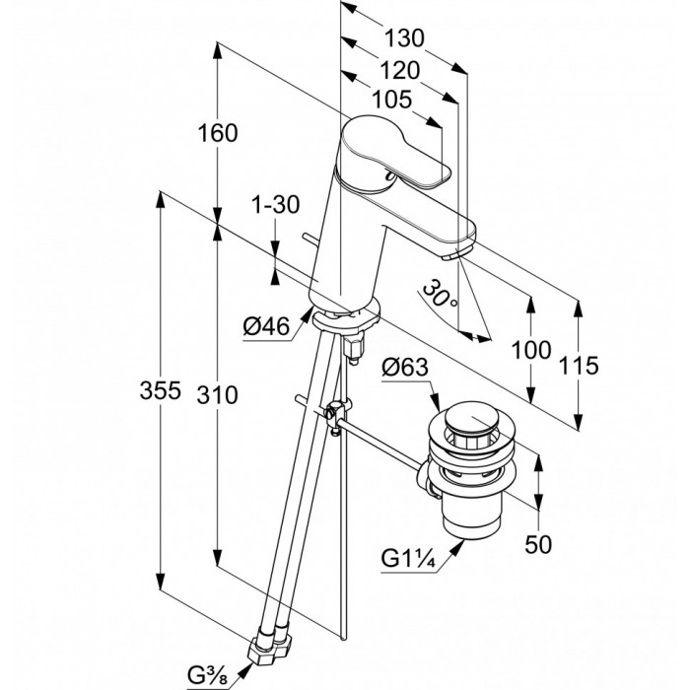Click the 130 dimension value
coord(404,38)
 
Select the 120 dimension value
coord(399,70)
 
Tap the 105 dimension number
coord(392,100)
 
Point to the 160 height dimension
coord(218,133)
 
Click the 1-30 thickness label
coord(275,205)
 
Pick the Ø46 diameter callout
coord(266,326)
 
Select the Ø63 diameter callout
coord(405,367)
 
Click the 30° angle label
coord(440,293)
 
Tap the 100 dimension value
coord(531,350)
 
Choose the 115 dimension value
coord(579,366)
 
